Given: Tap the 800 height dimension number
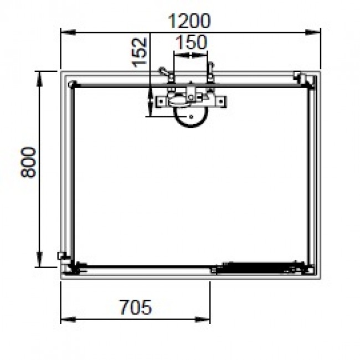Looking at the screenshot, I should click(x=28, y=162).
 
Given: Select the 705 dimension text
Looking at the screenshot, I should click(x=135, y=306).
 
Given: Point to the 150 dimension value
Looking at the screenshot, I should click(x=191, y=42).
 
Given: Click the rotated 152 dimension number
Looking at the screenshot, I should click(x=141, y=52).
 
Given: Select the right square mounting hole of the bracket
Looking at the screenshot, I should click(x=221, y=101).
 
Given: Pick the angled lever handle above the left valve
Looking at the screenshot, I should click(x=165, y=72).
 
